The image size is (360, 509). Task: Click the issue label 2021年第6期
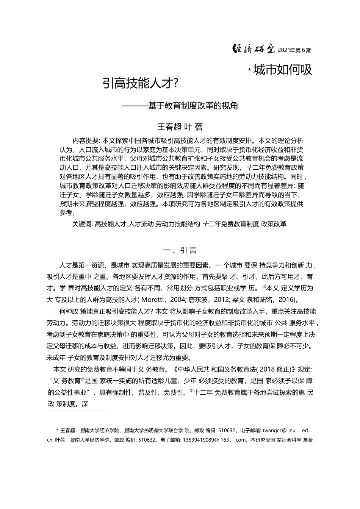tap(294, 50)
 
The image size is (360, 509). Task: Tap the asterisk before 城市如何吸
tap(249, 70)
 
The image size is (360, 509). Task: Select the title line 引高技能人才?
tap(141, 83)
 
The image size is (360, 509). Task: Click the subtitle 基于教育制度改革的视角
tap(193, 106)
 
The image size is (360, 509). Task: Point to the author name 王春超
tap(169, 126)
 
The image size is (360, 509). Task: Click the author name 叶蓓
tap(195, 126)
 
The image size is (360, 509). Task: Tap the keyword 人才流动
tap(141, 224)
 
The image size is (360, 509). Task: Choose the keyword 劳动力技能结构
tap(178, 224)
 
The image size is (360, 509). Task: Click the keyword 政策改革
tap(274, 224)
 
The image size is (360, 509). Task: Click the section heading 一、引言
tap(180, 250)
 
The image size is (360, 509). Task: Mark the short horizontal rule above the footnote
tap(78, 411)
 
